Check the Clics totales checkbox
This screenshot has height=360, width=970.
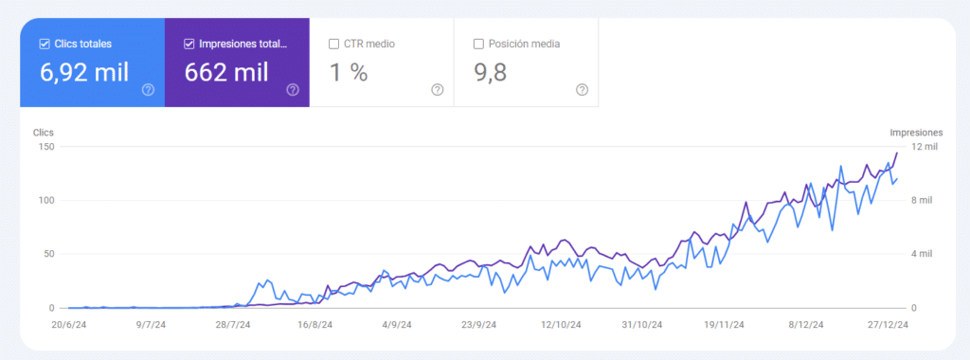click(45, 44)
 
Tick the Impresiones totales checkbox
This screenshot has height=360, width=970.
click(189, 44)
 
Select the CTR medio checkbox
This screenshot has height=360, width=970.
click(333, 44)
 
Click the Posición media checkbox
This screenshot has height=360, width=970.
click(478, 44)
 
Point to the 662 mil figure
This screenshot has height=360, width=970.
click(226, 72)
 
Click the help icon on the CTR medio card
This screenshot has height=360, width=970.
click(437, 90)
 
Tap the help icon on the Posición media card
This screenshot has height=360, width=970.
click(582, 90)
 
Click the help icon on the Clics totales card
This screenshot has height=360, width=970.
click(148, 90)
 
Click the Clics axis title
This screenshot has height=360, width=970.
click(44, 133)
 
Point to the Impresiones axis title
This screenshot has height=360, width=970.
click(916, 133)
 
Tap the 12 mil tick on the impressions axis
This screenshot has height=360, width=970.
click(924, 147)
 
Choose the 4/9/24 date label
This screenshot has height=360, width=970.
click(396, 324)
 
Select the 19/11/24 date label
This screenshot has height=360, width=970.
click(724, 324)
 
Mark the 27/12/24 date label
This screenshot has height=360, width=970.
click(889, 324)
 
